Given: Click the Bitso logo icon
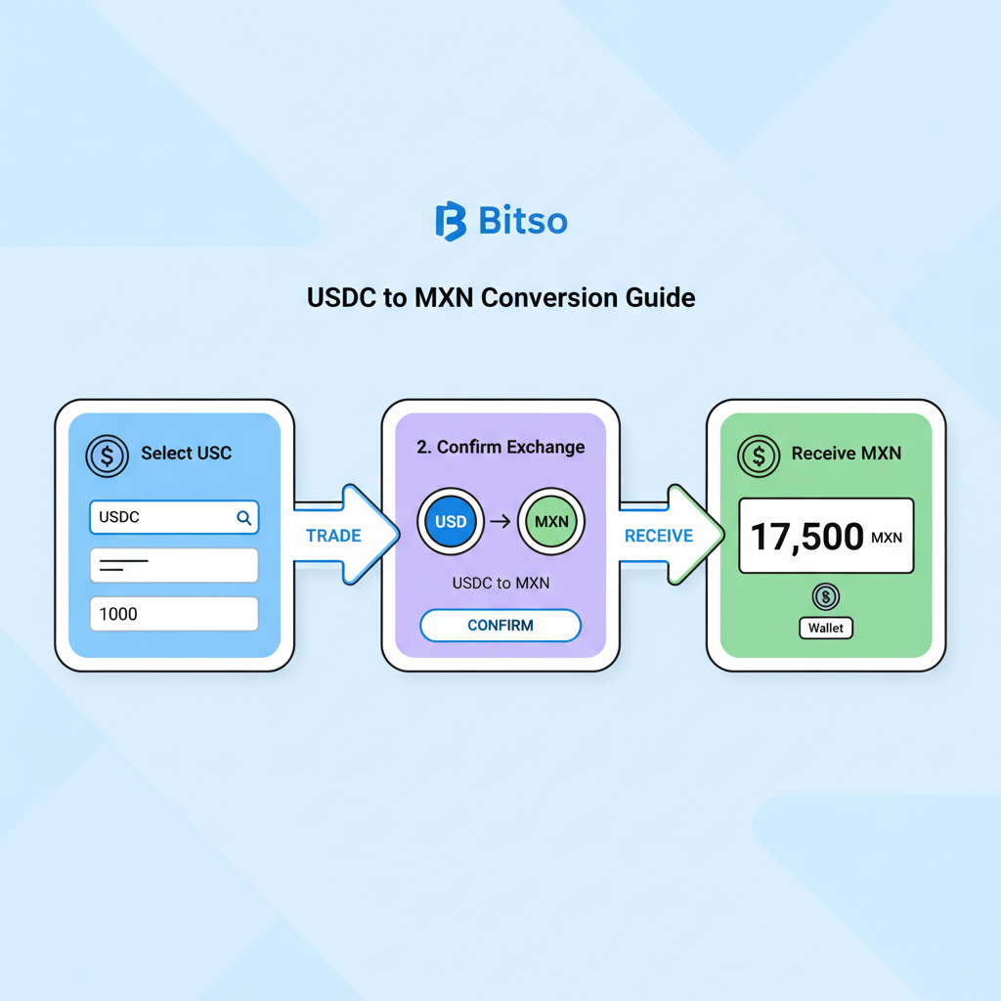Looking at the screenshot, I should tap(451, 221).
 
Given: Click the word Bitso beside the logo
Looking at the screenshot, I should tap(523, 221).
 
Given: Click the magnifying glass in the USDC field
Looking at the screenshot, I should tap(243, 518).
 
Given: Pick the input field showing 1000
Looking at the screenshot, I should tap(174, 614).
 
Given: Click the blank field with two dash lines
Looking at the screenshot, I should tap(174, 565).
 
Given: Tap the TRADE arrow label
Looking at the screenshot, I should tap(333, 536).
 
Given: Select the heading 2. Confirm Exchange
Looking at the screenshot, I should tap(500, 448).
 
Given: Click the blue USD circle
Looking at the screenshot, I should tap(451, 521).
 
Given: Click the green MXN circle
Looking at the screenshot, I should tap(551, 521).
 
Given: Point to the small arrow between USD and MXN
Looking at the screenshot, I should tap(500, 521).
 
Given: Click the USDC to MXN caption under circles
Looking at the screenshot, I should tap(500, 584).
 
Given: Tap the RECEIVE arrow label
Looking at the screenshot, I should tap(658, 536).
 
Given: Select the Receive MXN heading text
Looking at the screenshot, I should tap(847, 454).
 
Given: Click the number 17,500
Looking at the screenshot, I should tap(807, 536).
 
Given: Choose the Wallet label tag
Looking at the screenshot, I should tap(826, 629).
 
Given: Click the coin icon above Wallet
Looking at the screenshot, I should tap(826, 596).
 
